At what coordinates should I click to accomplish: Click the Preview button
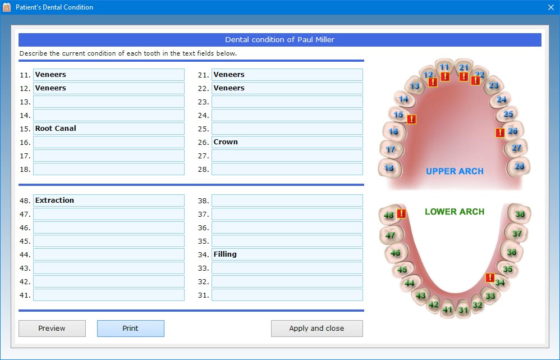(x=52, y=328)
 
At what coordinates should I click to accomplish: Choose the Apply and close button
(x=317, y=328)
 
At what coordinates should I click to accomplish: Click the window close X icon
(x=550, y=7)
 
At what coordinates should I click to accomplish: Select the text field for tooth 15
(x=109, y=129)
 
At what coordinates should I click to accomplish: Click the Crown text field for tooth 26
(x=287, y=142)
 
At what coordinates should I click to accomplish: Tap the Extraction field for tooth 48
(x=109, y=200)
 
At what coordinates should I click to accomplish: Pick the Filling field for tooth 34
(x=287, y=254)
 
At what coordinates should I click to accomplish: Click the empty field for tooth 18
(x=109, y=169)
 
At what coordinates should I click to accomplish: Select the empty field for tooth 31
(x=287, y=295)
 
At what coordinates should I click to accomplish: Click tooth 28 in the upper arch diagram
(x=519, y=167)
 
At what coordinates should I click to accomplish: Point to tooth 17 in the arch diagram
(x=391, y=149)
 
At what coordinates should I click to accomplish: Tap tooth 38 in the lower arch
(x=520, y=214)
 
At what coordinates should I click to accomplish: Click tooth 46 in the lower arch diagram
(x=396, y=253)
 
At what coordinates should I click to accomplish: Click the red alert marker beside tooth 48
(x=401, y=213)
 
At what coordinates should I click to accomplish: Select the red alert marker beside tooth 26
(x=500, y=133)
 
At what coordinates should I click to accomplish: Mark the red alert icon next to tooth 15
(x=411, y=119)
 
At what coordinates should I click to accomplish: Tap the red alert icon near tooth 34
(x=490, y=277)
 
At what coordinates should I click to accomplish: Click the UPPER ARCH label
(x=455, y=171)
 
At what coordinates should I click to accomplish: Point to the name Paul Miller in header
(x=316, y=40)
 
